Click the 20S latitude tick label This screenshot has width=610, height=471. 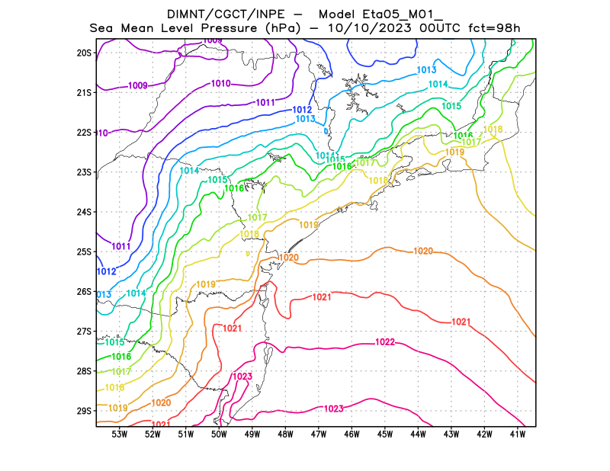click(84, 53)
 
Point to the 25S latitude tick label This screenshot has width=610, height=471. click(84, 252)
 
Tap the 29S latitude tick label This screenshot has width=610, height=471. click(84, 411)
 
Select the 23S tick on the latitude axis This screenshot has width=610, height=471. click(84, 172)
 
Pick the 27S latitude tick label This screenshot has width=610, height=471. click(84, 332)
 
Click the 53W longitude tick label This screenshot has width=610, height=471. click(120, 434)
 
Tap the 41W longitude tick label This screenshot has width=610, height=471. click(518, 434)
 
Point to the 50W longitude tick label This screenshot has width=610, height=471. click(219, 434)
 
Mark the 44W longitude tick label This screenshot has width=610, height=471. click(419, 434)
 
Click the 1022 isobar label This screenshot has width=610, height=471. click(385, 342)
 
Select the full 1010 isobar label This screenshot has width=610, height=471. click(221, 84)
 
